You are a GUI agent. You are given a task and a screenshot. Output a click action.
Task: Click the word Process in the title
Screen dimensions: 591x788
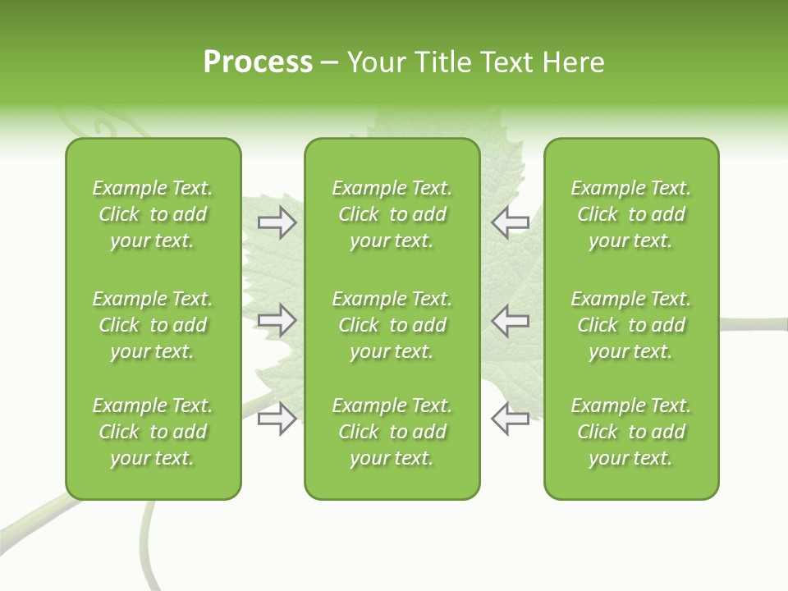258,62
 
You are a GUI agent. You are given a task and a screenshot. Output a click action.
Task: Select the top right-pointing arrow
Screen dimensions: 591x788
277,222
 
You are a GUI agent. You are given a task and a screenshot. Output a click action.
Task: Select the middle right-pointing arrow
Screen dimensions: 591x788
277,320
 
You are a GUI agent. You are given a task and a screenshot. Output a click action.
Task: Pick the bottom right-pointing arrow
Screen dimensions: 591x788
277,419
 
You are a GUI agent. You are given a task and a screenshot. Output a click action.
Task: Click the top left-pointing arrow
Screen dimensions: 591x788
511,222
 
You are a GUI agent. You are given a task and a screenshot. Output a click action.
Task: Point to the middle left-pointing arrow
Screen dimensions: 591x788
511,320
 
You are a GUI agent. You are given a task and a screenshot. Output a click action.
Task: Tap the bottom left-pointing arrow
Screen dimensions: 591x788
511,419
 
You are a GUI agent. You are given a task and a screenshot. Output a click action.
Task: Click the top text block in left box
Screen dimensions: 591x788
153,214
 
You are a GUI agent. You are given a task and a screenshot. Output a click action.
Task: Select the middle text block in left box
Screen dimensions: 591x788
153,325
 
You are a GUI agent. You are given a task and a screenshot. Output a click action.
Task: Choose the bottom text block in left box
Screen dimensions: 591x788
153,432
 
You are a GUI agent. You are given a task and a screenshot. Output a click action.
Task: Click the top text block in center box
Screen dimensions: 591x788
392,214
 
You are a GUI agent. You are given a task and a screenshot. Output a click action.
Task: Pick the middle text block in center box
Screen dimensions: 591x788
392,325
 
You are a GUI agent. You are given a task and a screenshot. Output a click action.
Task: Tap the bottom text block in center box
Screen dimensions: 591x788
392,432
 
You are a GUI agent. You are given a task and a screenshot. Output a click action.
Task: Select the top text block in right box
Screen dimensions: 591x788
631,214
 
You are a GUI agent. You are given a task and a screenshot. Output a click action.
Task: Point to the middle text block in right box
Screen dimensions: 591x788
631,325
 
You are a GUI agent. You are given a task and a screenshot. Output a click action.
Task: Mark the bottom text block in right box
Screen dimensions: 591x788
631,432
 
